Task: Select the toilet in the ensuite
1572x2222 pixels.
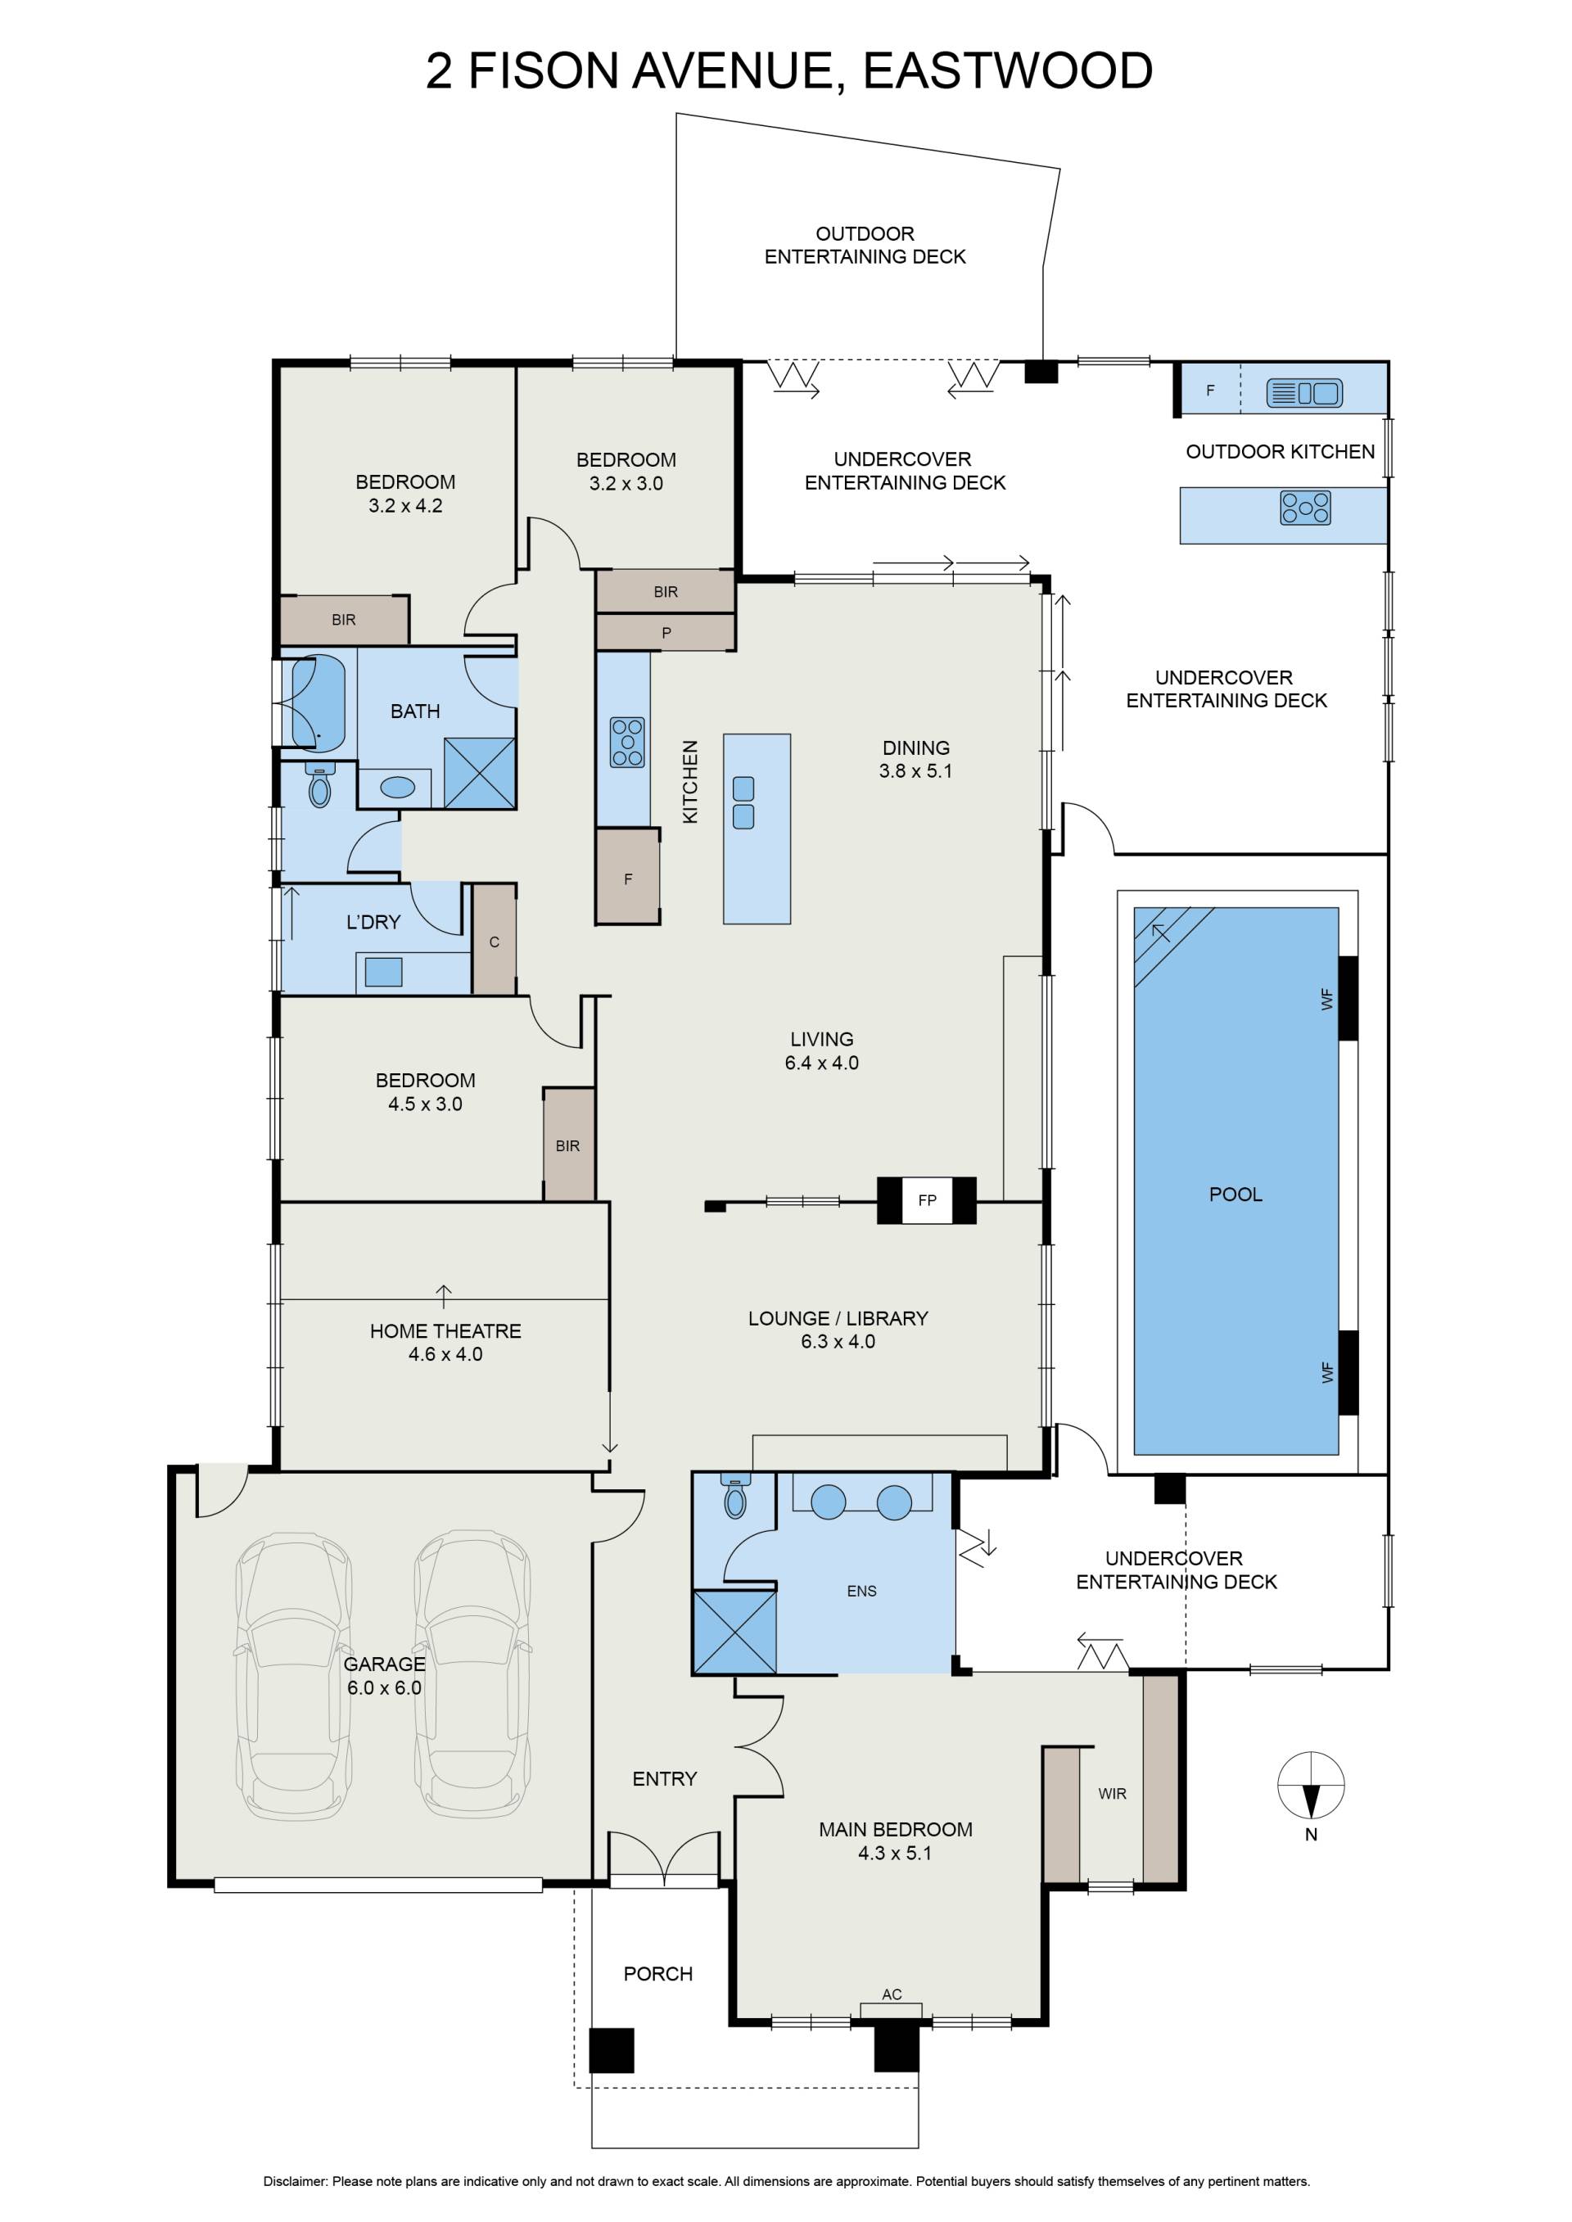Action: [x=736, y=1499]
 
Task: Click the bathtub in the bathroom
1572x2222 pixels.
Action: [x=318, y=703]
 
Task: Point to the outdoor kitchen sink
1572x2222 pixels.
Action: [x=1304, y=392]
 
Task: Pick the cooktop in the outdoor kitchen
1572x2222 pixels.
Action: [x=1305, y=508]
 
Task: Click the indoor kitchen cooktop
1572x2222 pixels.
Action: [x=627, y=743]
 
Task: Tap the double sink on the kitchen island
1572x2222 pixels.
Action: [x=743, y=802]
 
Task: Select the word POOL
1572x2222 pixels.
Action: [x=1235, y=1195]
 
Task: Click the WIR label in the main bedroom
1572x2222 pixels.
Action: [x=1112, y=1793]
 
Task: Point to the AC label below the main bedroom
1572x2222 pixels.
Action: [x=892, y=1994]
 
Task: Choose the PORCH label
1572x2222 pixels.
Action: [x=657, y=1973]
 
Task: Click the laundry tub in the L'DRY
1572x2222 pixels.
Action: [x=383, y=972]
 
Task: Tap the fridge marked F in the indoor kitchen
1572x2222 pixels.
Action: [x=628, y=877]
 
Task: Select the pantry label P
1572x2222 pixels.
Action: [x=666, y=633]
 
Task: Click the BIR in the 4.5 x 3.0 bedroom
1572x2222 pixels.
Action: [x=568, y=1145]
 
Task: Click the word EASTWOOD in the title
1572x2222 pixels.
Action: [x=1008, y=70]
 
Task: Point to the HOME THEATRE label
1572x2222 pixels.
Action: [x=445, y=1330]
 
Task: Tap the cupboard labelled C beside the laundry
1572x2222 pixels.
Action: [x=494, y=940]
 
